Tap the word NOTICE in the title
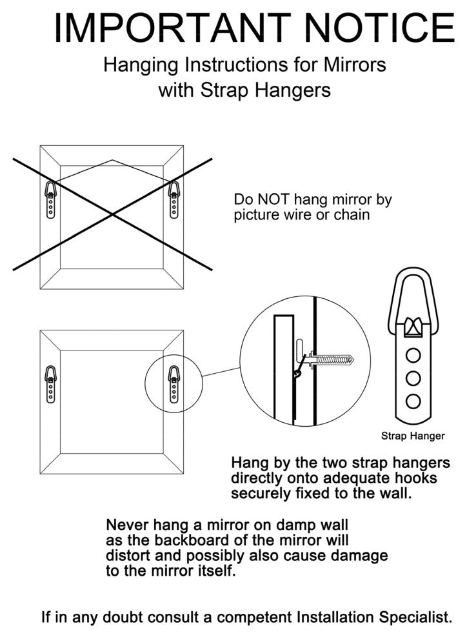pos(379,27)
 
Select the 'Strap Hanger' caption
pos(413,436)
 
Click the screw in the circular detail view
pos(331,360)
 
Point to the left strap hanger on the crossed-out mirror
pos(50,199)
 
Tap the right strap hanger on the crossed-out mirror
pos(174,199)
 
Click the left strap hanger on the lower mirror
pos(50,384)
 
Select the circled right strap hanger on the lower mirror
pos(174,384)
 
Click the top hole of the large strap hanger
pos(413,356)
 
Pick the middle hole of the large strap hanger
pos(413,379)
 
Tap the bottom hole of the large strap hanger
pos(413,401)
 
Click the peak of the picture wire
pos(112,160)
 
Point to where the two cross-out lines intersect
pos(112,214)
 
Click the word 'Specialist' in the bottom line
pos(415,618)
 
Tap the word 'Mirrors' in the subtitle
pos(355,65)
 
